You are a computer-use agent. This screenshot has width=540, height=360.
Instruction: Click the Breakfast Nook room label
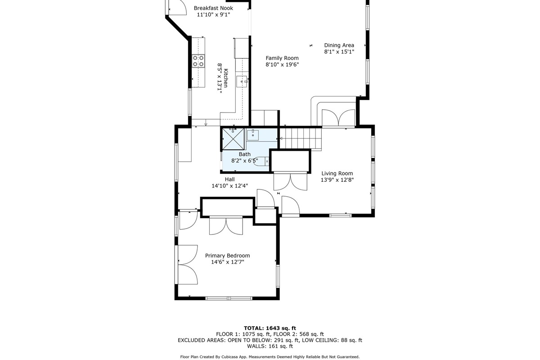pyautogui.click(x=213, y=8)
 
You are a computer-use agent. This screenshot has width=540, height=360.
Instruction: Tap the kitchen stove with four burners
pyautogui.click(x=198, y=61)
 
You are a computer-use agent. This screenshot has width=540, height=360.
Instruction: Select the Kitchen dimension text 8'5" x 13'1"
pyautogui.click(x=220, y=78)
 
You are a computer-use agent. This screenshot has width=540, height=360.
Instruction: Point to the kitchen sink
pyautogui.click(x=242, y=81)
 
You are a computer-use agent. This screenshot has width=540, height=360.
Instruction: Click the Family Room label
pyautogui.click(x=282, y=58)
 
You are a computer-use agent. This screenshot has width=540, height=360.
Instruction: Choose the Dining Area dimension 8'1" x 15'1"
pyautogui.click(x=339, y=52)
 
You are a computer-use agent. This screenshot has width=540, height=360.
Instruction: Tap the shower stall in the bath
pyautogui.click(x=233, y=139)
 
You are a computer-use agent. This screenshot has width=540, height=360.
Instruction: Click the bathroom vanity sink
pyautogui.click(x=252, y=135)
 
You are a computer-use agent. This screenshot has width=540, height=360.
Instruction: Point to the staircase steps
pyautogui.click(x=301, y=138)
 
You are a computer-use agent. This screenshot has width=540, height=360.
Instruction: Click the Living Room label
pyautogui.click(x=337, y=173)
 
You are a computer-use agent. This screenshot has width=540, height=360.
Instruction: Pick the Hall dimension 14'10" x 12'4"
pyautogui.click(x=230, y=186)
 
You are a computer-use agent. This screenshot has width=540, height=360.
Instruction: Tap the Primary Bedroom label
pyautogui.click(x=227, y=256)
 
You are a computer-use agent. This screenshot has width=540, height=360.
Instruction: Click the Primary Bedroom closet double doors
pyautogui.click(x=226, y=225)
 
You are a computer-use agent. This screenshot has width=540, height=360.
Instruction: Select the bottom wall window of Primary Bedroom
pyautogui.click(x=229, y=298)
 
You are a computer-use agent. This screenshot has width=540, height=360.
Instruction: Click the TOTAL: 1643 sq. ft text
pyautogui.click(x=270, y=328)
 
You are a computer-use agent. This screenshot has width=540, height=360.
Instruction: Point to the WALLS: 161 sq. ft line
pyautogui.click(x=270, y=346)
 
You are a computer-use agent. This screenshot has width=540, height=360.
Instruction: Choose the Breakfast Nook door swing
pyautogui.click(x=178, y=8)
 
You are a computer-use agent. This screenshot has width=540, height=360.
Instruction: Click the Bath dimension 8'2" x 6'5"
pyautogui.click(x=244, y=161)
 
